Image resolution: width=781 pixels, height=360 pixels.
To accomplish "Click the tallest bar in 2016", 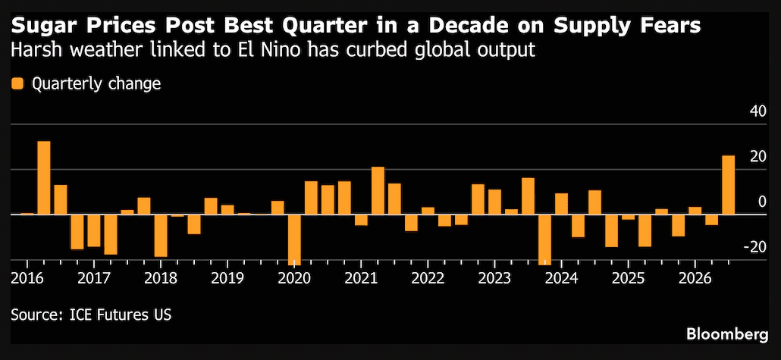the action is pyautogui.click(x=44, y=178).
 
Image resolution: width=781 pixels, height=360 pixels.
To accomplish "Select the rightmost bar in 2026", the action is pyautogui.click(x=728, y=185).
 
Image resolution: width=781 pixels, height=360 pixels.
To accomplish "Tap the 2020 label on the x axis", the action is pyautogui.click(x=294, y=278).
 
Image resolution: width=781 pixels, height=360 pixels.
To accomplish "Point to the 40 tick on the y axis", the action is pyautogui.click(x=757, y=111).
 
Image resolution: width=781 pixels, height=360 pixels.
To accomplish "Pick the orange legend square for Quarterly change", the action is pyautogui.click(x=18, y=83).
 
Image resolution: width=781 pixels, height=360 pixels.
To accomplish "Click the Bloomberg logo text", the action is pyautogui.click(x=726, y=333).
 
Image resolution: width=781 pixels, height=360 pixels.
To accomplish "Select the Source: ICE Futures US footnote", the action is pyautogui.click(x=91, y=315).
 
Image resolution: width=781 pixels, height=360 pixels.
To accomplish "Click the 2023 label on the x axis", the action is pyautogui.click(x=494, y=278).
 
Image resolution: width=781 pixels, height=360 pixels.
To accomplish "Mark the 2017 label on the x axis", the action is pyautogui.click(x=93, y=278).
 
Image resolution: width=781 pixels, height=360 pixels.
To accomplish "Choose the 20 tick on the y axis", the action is pyautogui.click(x=757, y=157).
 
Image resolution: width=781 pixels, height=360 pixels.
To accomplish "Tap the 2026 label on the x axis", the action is pyautogui.click(x=695, y=278).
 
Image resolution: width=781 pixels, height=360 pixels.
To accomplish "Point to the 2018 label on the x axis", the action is pyautogui.click(x=161, y=278).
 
